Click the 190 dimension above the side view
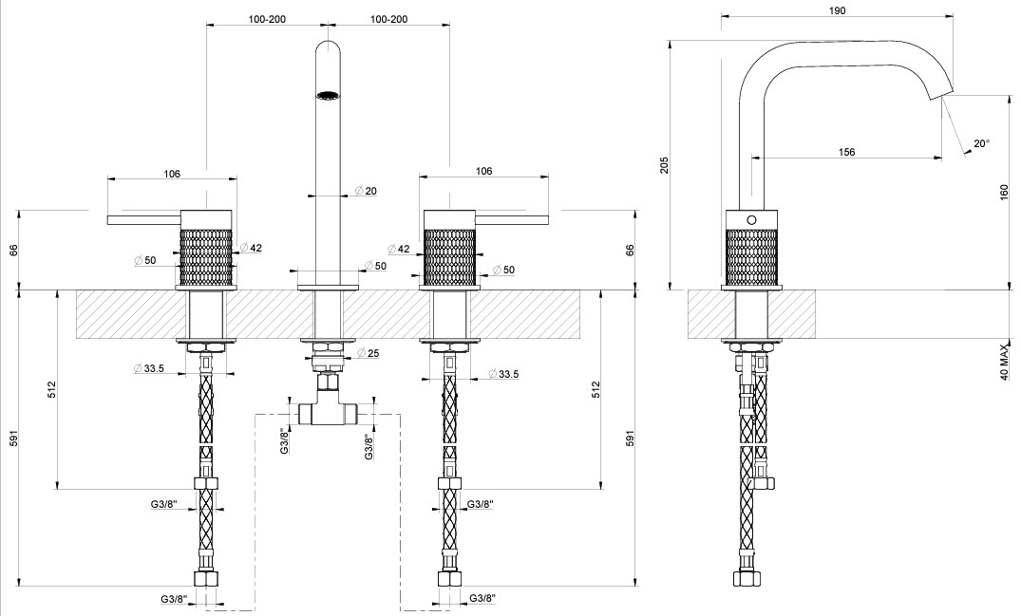[x=837, y=9]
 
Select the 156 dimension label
[x=847, y=152]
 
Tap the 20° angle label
[x=981, y=144]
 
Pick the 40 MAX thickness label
[x=1004, y=362]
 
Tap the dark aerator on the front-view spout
[x=328, y=95]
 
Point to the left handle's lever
[x=142, y=220]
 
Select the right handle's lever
[x=514, y=220]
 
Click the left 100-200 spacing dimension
[x=267, y=19]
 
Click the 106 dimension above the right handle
[x=483, y=172]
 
